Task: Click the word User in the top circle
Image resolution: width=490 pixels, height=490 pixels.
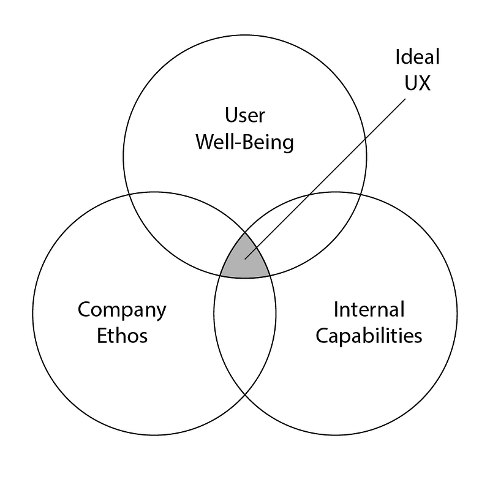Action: point(244,115)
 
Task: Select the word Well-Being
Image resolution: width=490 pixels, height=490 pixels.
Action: point(244,142)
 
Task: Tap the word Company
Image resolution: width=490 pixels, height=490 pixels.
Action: point(122,310)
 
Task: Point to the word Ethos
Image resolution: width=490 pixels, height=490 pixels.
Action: point(122,336)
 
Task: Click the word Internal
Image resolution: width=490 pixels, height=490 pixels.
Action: point(369,309)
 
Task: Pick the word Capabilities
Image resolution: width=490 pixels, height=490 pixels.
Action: point(369,336)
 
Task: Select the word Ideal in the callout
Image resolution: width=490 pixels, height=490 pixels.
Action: point(418,58)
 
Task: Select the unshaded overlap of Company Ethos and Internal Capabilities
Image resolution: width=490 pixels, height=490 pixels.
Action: point(245,331)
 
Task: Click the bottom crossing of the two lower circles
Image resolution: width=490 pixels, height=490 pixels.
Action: point(245,394)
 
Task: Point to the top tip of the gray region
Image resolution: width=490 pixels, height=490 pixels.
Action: point(245,232)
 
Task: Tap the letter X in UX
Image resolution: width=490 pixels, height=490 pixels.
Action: point(424,83)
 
